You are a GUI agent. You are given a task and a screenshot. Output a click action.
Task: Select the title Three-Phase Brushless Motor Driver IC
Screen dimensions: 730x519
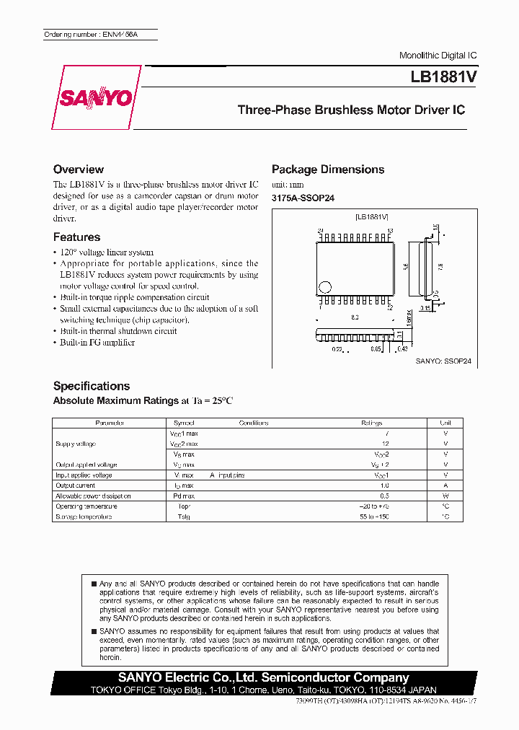pyautogui.click(x=351, y=110)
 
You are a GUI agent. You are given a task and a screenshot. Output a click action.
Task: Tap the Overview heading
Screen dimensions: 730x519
pyautogui.click(x=79, y=170)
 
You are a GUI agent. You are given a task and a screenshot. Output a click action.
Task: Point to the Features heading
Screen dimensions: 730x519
pyautogui.click(x=76, y=237)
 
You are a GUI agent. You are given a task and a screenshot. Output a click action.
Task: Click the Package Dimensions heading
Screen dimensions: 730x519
pyautogui.click(x=328, y=170)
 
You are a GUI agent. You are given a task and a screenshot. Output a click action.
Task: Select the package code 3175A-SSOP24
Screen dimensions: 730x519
pyautogui.click(x=303, y=198)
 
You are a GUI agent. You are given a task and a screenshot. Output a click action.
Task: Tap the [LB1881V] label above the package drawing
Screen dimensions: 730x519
pyautogui.click(x=372, y=216)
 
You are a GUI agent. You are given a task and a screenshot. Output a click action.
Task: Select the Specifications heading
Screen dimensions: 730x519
pyautogui.click(x=92, y=386)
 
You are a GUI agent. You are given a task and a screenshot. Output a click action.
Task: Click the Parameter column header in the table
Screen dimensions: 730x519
pyautogui.click(x=110, y=423)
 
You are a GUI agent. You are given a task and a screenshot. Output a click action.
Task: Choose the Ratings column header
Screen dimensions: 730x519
pyautogui.click(x=371, y=423)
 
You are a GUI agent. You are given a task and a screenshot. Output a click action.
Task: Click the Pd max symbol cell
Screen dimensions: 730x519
pyautogui.click(x=184, y=496)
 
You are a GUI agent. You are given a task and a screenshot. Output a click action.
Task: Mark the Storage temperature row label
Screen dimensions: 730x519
pyautogui.click(x=84, y=517)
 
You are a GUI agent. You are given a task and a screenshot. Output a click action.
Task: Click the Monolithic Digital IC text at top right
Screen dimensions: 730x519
pyautogui.click(x=438, y=56)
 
